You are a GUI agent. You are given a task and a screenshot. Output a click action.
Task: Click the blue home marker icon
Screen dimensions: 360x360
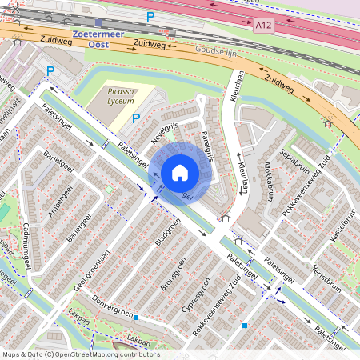pyautogui.click(x=180, y=173)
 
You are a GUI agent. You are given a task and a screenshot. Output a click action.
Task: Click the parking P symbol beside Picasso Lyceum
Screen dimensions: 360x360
pyautogui.click(x=135, y=118)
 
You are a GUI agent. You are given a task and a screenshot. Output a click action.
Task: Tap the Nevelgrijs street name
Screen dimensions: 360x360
pyautogui.click(x=167, y=133)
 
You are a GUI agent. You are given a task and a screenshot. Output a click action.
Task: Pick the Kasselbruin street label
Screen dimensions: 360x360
pyautogui.click(x=346, y=229)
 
